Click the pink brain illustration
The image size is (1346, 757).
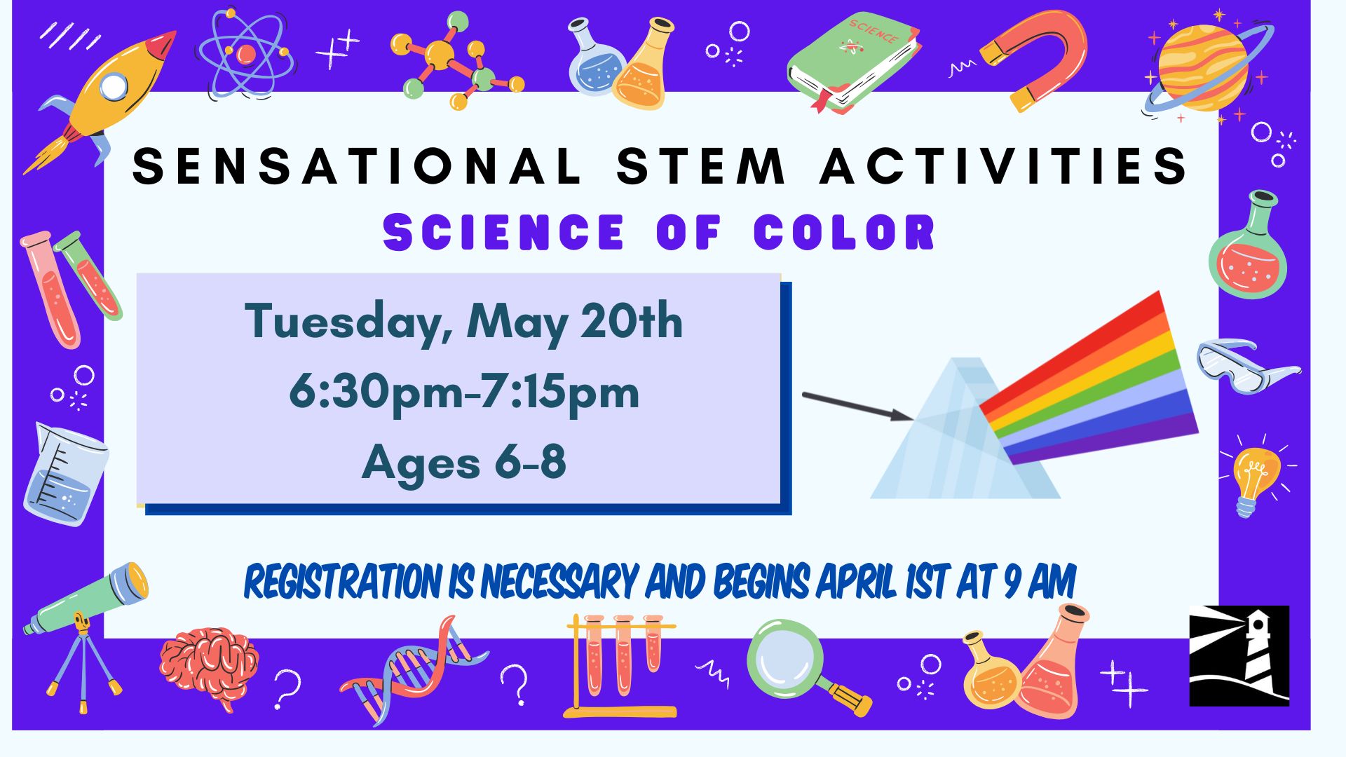[x=209, y=666]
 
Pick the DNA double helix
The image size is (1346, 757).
[x=414, y=669]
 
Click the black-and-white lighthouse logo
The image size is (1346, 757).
[x=1239, y=655]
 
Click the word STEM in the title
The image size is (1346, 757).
[x=700, y=166]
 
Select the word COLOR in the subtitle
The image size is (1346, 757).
[x=845, y=232]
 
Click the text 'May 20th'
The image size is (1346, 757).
[x=575, y=322]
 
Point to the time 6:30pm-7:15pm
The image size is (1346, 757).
[x=464, y=393]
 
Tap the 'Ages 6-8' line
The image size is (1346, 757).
[x=464, y=463]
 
